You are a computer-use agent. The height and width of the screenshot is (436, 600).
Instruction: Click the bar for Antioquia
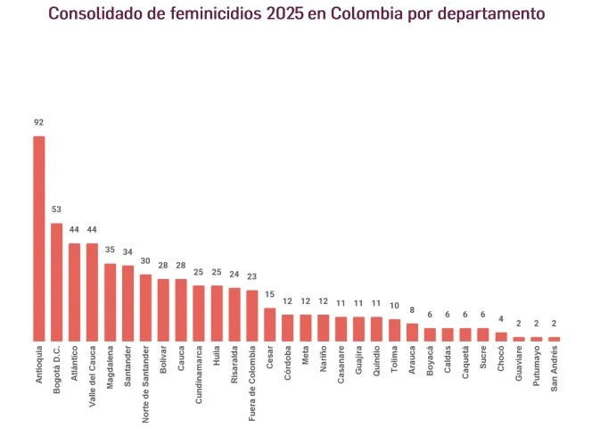39,239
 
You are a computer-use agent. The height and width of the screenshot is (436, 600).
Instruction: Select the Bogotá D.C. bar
57,282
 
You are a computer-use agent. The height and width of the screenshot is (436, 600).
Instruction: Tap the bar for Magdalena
111,302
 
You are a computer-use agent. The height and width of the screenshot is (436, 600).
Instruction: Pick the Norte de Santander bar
146,308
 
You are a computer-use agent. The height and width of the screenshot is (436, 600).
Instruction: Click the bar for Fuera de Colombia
252,316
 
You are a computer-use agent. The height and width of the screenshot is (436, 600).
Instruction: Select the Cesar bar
270,325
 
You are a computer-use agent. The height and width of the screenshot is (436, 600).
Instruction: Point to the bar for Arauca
412,333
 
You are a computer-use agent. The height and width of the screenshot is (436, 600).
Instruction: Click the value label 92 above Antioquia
39,123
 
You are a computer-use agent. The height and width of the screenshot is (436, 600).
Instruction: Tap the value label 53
57,210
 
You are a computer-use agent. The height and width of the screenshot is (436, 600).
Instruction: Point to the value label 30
146,261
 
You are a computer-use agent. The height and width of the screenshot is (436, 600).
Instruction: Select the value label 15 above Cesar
270,295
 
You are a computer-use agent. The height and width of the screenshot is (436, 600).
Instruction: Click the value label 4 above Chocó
501,319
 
